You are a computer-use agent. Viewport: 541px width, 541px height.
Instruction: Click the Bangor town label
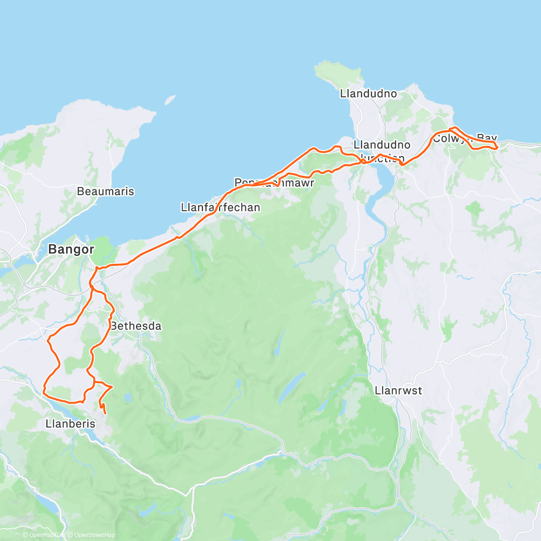click(71, 249)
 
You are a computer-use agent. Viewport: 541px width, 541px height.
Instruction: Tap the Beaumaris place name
click(105, 191)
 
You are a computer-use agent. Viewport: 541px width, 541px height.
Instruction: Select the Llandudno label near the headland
click(368, 94)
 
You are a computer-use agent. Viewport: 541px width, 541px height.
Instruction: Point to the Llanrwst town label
click(398, 390)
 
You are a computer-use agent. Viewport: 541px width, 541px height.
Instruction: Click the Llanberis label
click(70, 424)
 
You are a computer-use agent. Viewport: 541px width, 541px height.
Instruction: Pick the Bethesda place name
click(136, 326)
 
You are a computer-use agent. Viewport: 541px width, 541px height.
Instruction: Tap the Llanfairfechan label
click(220, 208)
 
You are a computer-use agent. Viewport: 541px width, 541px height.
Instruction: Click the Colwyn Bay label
click(464, 138)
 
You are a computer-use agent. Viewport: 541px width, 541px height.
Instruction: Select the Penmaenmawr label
click(274, 183)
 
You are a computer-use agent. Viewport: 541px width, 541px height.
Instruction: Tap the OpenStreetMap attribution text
click(95, 535)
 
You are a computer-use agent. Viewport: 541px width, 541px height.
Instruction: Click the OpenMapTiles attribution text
click(44, 535)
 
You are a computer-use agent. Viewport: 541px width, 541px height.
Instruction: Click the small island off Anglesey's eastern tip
click(170, 99)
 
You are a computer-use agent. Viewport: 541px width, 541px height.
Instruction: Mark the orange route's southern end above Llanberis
click(105, 413)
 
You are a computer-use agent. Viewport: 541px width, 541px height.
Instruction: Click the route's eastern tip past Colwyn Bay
click(496, 146)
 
